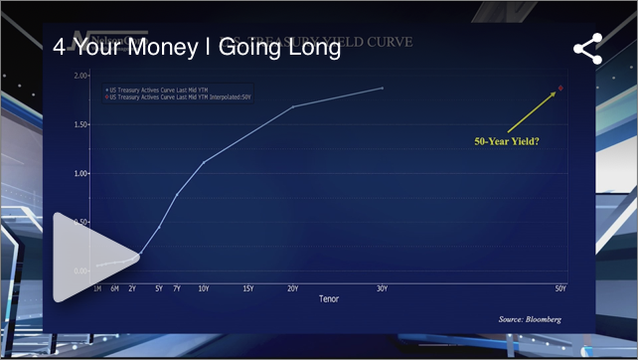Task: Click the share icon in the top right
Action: (587, 50)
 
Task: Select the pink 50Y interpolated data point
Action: (560, 89)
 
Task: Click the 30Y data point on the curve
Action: (383, 89)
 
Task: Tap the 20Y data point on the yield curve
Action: (293, 106)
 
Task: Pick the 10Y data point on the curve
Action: (204, 162)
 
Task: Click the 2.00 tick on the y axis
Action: (81, 76)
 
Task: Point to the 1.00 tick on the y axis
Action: (81, 173)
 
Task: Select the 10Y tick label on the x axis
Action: (204, 288)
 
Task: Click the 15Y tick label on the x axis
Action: (248, 288)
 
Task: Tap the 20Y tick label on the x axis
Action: (293, 288)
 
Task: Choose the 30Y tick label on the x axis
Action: (383, 288)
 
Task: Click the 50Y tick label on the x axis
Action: (560, 288)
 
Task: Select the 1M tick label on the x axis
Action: (97, 288)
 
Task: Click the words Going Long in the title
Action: (287, 48)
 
